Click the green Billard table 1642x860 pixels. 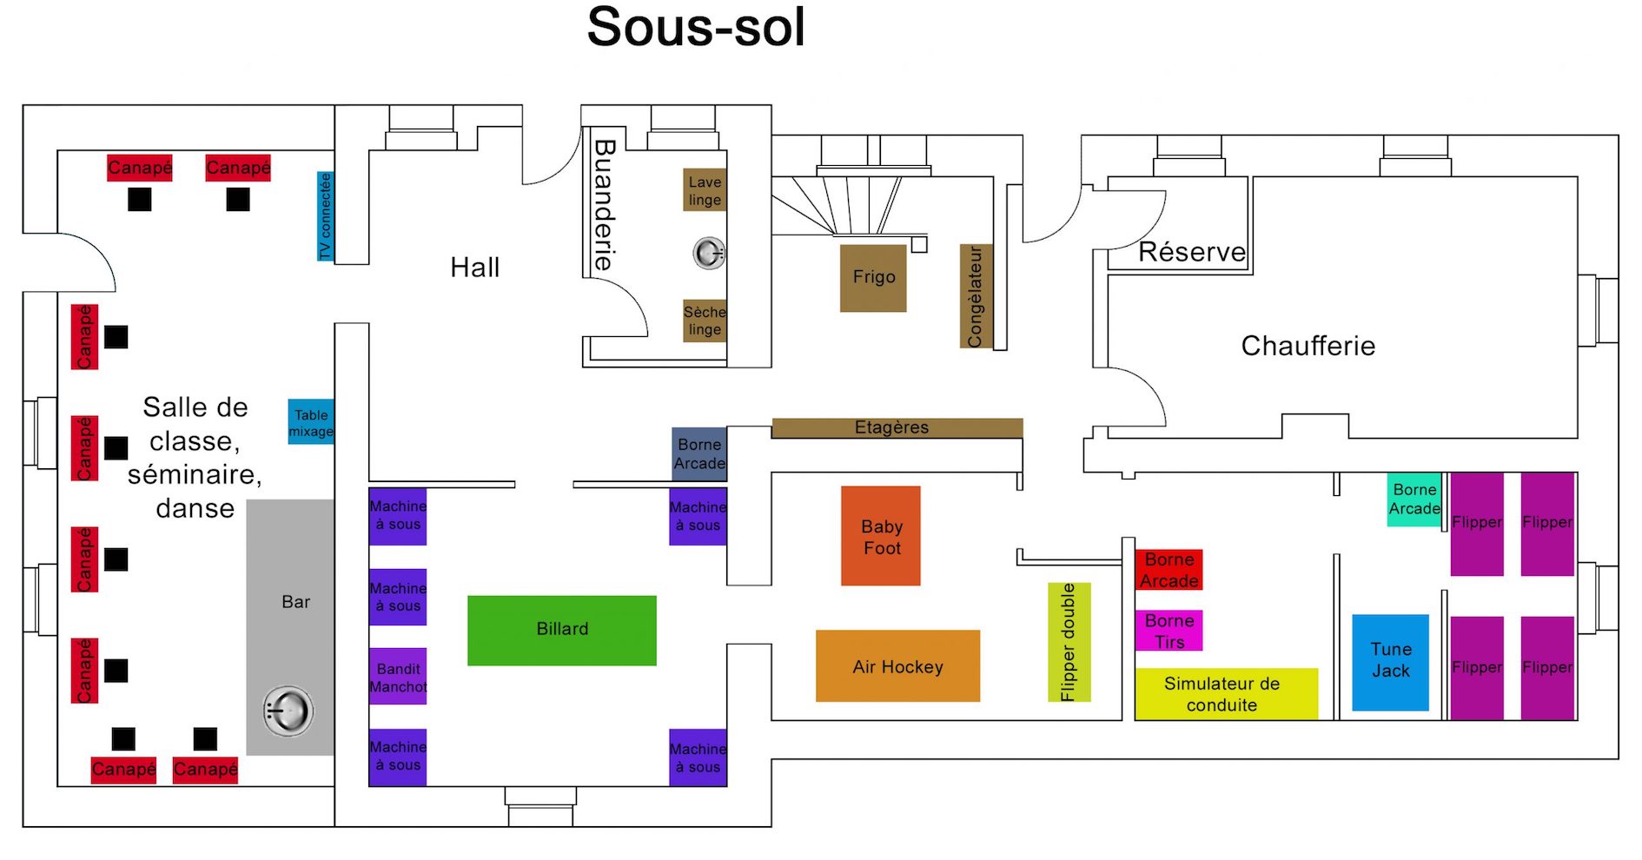point(561,630)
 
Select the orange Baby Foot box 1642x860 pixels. point(880,536)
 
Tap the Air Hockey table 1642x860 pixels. point(897,666)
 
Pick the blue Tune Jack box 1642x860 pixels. point(1390,662)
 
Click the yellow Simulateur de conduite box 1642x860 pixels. point(1226,694)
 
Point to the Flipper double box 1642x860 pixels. point(1069,642)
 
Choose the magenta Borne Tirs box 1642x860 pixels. point(1169,631)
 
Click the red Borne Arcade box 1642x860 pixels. point(1169,570)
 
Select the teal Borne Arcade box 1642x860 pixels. point(1414,499)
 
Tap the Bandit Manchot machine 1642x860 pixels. point(398,677)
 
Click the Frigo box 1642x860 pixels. point(873,278)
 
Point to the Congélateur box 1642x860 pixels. point(975,296)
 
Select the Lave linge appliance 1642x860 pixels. point(704,190)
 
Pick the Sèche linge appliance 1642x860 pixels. point(704,321)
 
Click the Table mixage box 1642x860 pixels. point(310,422)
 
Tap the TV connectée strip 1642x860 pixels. point(325,215)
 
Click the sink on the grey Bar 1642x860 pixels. point(288,711)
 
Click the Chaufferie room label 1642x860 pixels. point(1308,346)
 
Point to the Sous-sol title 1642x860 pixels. point(696,28)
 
